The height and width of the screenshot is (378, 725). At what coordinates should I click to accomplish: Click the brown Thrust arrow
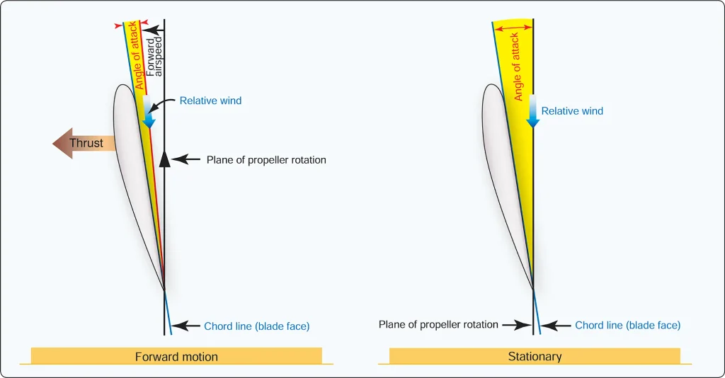pyautogui.click(x=84, y=143)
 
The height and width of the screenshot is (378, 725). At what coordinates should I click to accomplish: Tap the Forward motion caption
pyautogui.click(x=176, y=357)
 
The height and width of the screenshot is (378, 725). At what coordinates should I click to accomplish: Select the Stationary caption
pyautogui.click(x=535, y=356)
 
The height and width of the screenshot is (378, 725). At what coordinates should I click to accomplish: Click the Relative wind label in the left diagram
pyautogui.click(x=210, y=101)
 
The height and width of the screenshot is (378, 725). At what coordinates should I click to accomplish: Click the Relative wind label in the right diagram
pyautogui.click(x=572, y=111)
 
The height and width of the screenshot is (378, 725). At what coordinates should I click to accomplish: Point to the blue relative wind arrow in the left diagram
pyautogui.click(x=148, y=112)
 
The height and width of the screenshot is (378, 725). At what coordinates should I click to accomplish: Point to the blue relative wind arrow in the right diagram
pyautogui.click(x=532, y=111)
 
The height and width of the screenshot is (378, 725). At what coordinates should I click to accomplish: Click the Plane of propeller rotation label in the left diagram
pyautogui.click(x=266, y=160)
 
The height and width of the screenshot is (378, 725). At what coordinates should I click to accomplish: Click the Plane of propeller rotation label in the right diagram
pyautogui.click(x=438, y=324)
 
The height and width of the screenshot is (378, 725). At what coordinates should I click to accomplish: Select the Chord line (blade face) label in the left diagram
pyautogui.click(x=256, y=326)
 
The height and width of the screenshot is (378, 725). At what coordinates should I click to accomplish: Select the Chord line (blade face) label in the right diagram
pyautogui.click(x=627, y=326)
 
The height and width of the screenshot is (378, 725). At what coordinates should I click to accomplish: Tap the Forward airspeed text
pyautogui.click(x=154, y=57)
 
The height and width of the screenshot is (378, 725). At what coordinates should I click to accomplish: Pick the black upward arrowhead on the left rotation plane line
pyautogui.click(x=164, y=159)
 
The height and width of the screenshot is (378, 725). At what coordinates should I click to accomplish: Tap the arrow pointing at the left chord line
pyautogui.click(x=186, y=326)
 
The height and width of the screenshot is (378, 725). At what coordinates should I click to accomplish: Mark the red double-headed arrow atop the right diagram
pyautogui.click(x=513, y=28)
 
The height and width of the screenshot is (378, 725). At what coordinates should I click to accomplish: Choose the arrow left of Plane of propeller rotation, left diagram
pyautogui.click(x=186, y=160)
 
